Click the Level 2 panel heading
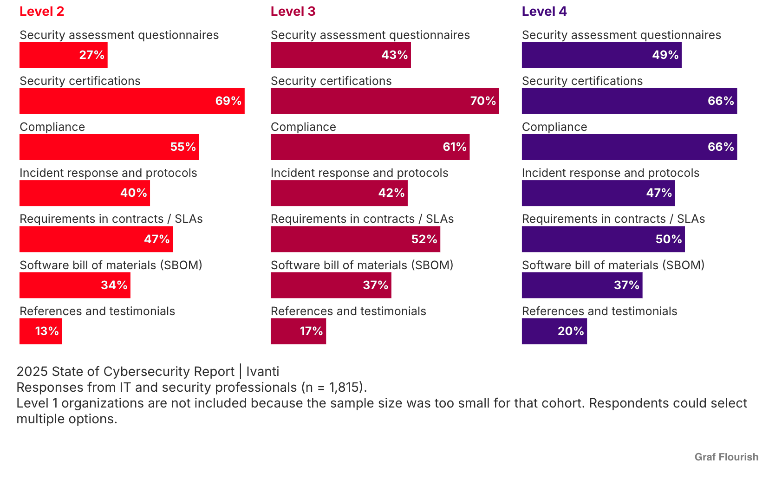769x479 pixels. click(42, 12)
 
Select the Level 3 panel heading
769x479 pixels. click(293, 12)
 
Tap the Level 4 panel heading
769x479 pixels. click(544, 12)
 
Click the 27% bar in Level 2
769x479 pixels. click(63, 55)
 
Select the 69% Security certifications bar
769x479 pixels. click(132, 101)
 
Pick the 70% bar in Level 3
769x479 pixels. click(384, 101)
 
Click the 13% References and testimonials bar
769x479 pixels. click(40, 331)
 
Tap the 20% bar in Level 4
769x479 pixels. click(554, 331)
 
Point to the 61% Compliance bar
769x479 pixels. click(370, 147)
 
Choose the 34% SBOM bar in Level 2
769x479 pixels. click(75, 285)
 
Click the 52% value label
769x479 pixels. click(424, 239)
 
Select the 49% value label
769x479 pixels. click(665, 55)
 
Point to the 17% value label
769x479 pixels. click(311, 331)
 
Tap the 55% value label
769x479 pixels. click(183, 147)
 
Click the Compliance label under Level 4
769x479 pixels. click(554, 127)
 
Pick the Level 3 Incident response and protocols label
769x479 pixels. click(359, 173)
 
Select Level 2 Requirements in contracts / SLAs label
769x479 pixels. click(111, 219)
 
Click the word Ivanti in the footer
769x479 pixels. click(263, 372)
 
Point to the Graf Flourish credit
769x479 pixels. click(726, 457)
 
